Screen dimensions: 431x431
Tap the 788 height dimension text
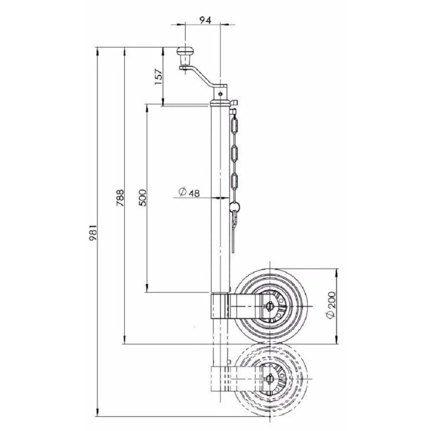tap(120, 196)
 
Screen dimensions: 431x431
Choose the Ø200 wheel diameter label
tap(330, 306)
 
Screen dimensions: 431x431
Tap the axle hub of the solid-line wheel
tap(269, 306)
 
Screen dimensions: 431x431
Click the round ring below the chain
tap(234, 206)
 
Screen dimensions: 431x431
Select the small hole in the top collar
tap(221, 93)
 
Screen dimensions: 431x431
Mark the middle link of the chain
tap(234, 153)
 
